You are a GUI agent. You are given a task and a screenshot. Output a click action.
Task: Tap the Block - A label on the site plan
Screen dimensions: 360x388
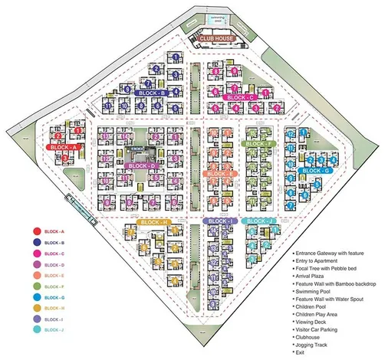(65, 146)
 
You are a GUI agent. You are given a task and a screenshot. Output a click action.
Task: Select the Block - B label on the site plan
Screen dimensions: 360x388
(153, 93)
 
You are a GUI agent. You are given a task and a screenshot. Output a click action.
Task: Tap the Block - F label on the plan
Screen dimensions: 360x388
(260, 143)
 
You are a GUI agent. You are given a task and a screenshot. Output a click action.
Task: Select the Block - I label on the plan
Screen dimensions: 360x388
(219, 221)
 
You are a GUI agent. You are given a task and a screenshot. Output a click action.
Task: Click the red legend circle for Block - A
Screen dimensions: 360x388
(35, 231)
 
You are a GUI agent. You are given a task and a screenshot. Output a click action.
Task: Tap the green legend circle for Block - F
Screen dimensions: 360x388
(35, 286)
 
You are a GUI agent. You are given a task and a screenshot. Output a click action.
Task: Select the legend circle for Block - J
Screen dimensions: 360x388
(35, 330)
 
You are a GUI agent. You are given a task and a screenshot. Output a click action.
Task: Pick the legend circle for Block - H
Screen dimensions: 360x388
(35, 308)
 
